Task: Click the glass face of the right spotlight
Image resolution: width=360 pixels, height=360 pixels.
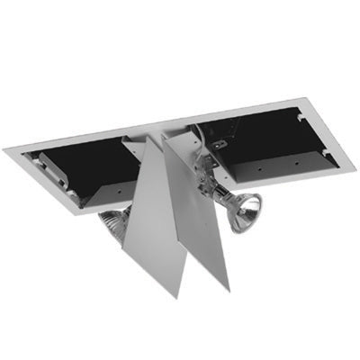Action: click(x=246, y=214)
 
